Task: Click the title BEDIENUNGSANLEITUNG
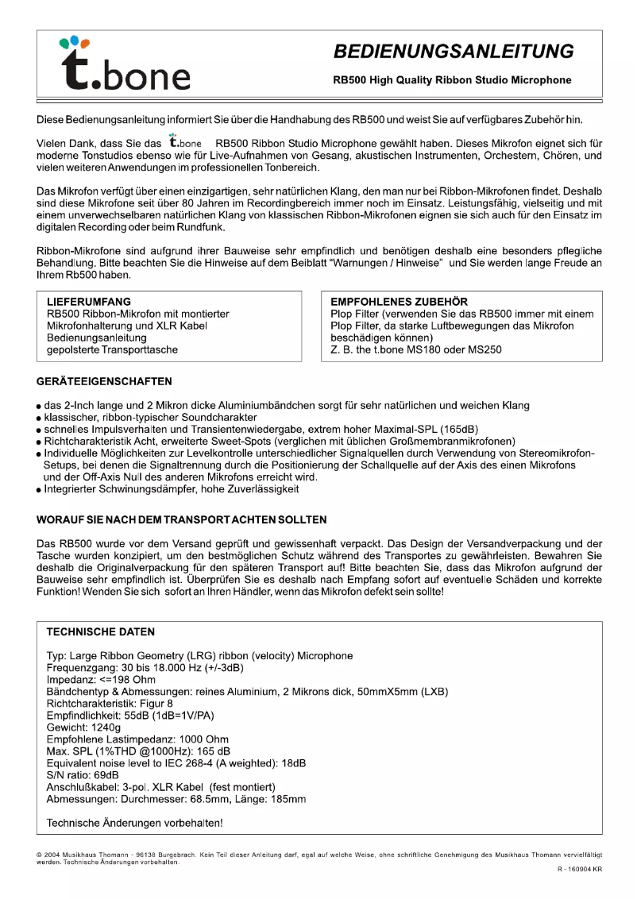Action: tap(454, 52)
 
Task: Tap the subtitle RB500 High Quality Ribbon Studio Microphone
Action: tap(452, 80)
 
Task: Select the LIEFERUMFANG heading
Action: tap(89, 302)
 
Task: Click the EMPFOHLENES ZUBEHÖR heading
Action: tap(400, 302)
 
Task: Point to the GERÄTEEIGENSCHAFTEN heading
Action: tap(104, 381)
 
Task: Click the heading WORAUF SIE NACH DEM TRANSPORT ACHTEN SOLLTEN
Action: tap(182, 520)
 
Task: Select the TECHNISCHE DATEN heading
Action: tap(101, 632)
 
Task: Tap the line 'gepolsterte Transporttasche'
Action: tap(112, 349)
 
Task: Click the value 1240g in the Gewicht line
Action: tap(106, 727)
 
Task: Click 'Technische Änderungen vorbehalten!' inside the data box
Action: tap(135, 823)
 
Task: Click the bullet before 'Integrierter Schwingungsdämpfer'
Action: tap(39, 490)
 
